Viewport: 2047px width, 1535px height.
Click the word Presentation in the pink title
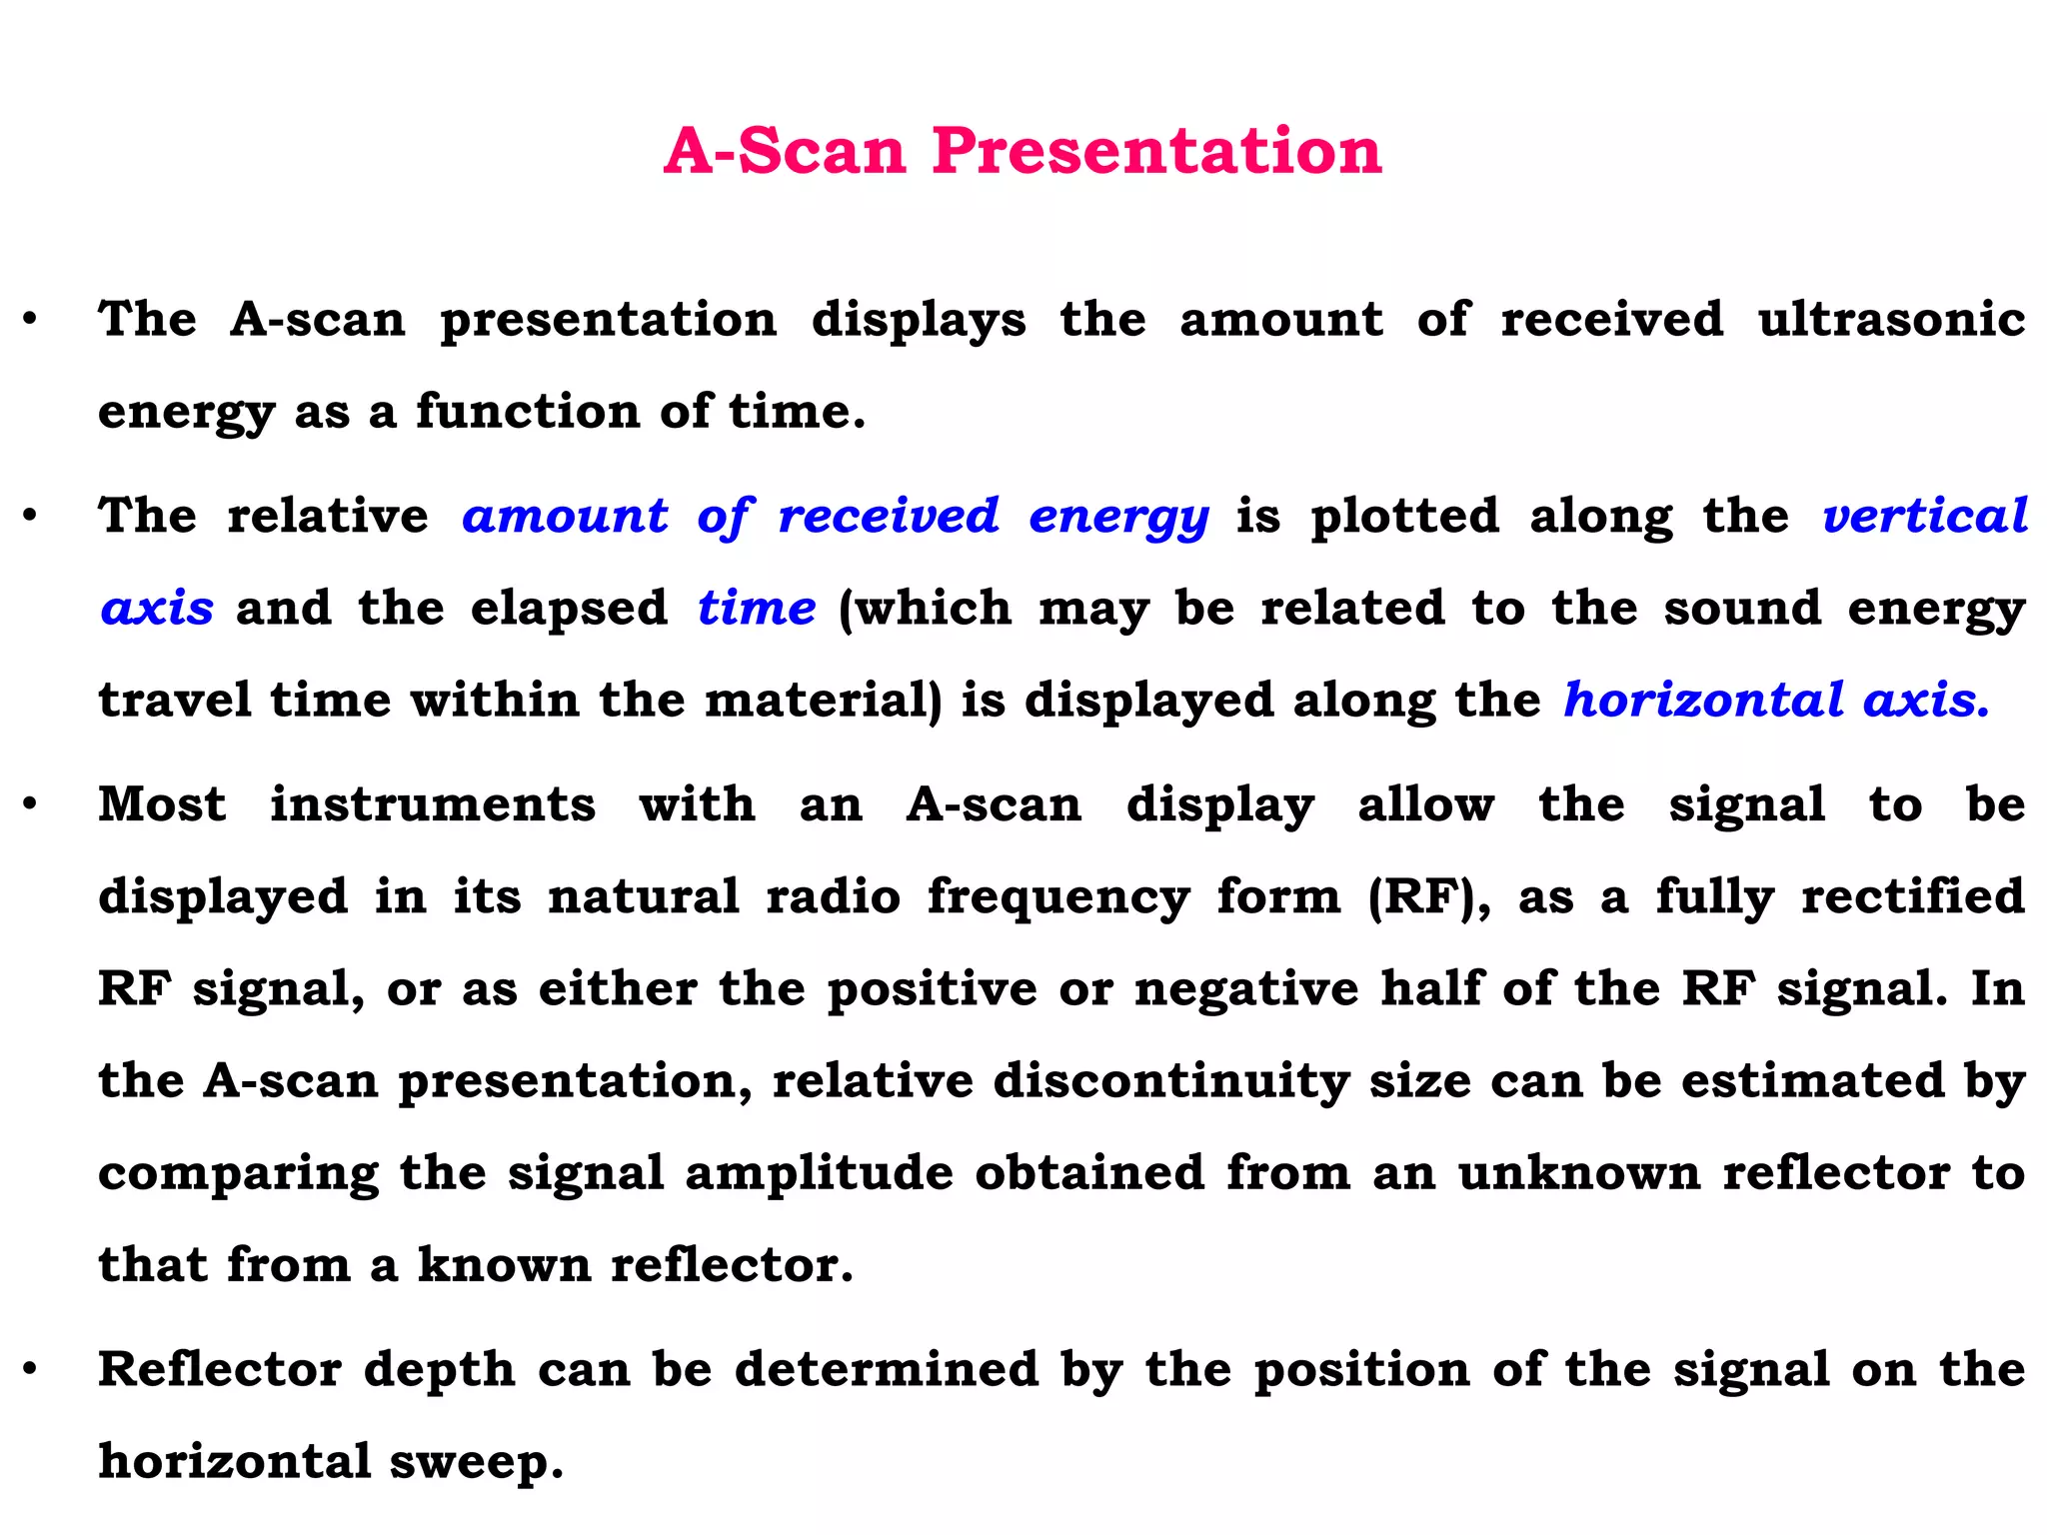(x=1156, y=152)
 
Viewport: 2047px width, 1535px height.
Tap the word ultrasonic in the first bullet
(x=1891, y=320)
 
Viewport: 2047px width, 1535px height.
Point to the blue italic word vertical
(x=1924, y=517)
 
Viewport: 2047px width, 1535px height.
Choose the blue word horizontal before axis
(x=1703, y=700)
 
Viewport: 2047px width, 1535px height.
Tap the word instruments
(x=433, y=804)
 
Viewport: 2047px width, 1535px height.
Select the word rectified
(x=1912, y=896)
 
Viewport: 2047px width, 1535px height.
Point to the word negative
(x=1246, y=988)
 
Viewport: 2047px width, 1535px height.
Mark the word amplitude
(x=820, y=1172)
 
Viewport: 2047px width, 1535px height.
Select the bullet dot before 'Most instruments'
(x=30, y=804)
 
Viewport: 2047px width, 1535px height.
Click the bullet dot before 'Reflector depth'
(x=30, y=1370)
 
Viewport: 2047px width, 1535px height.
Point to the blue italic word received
(x=888, y=517)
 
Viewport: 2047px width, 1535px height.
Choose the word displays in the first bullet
(x=918, y=320)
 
